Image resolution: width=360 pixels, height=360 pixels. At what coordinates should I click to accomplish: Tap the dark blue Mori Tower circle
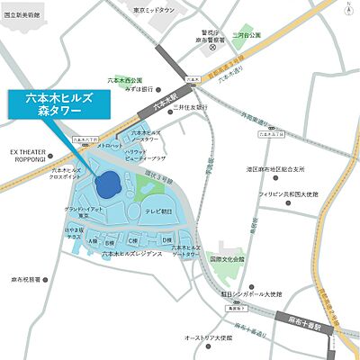point(108,184)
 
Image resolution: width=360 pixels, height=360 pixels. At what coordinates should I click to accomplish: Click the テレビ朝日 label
point(160,211)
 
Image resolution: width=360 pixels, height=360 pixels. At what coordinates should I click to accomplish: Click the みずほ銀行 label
point(142,89)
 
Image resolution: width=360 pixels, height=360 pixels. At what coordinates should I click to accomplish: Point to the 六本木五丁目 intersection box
point(271,132)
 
